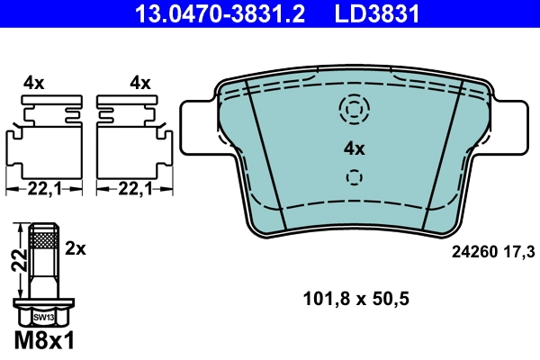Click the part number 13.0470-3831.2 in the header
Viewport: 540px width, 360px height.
point(208,13)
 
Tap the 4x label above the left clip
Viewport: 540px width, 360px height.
point(34,83)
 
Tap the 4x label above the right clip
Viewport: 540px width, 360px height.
point(139,83)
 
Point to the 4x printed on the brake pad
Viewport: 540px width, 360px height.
point(355,149)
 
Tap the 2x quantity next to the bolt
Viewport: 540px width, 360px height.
point(76,246)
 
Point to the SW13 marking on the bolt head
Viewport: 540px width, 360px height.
point(42,318)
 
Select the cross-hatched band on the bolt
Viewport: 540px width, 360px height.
point(42,239)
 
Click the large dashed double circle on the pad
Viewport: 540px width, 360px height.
point(355,109)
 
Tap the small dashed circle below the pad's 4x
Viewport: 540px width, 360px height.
point(355,177)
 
